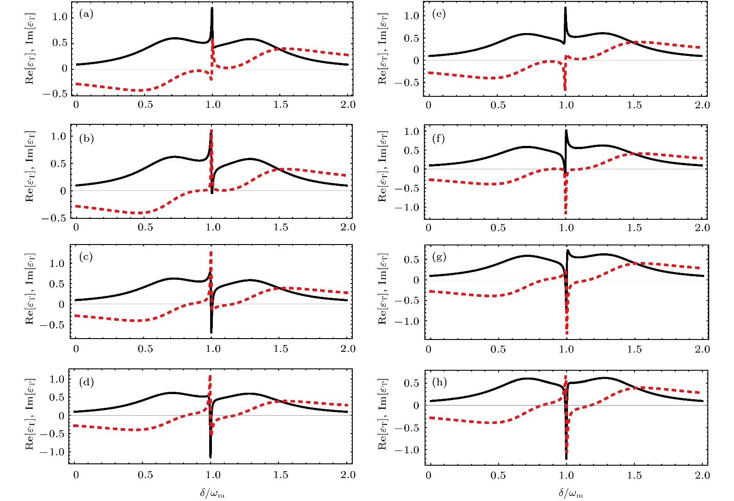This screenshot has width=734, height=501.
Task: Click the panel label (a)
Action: [x=86, y=14]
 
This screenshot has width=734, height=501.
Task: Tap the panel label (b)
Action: [x=86, y=139]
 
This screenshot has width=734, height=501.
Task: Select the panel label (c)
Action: [x=86, y=257]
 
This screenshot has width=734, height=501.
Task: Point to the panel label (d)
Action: [x=86, y=382]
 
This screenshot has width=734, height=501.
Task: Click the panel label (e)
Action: [x=439, y=14]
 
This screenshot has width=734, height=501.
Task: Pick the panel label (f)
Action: [x=439, y=139]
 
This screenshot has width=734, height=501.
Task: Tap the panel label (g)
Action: [x=439, y=257]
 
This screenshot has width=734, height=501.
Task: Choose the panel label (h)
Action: [x=439, y=382]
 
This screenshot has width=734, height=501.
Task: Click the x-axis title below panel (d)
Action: [x=212, y=494]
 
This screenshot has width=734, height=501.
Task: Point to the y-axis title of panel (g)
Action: [x=383, y=289]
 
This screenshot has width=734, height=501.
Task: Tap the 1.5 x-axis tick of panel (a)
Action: [x=281, y=105]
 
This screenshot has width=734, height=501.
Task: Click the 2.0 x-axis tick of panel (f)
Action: [x=702, y=228]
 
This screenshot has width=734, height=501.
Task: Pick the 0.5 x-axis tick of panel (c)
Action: [x=145, y=349]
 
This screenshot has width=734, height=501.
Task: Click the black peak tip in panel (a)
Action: [x=212, y=8]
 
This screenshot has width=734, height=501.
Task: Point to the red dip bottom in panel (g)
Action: [x=567, y=333]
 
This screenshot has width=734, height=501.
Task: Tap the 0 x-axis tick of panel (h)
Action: [x=428, y=475]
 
